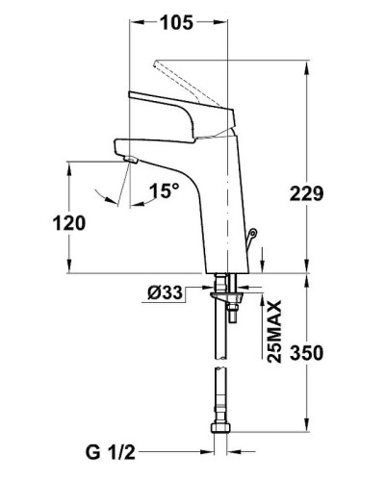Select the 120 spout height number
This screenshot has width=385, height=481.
[x=71, y=222]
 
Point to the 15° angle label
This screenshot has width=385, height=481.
[x=164, y=191]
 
